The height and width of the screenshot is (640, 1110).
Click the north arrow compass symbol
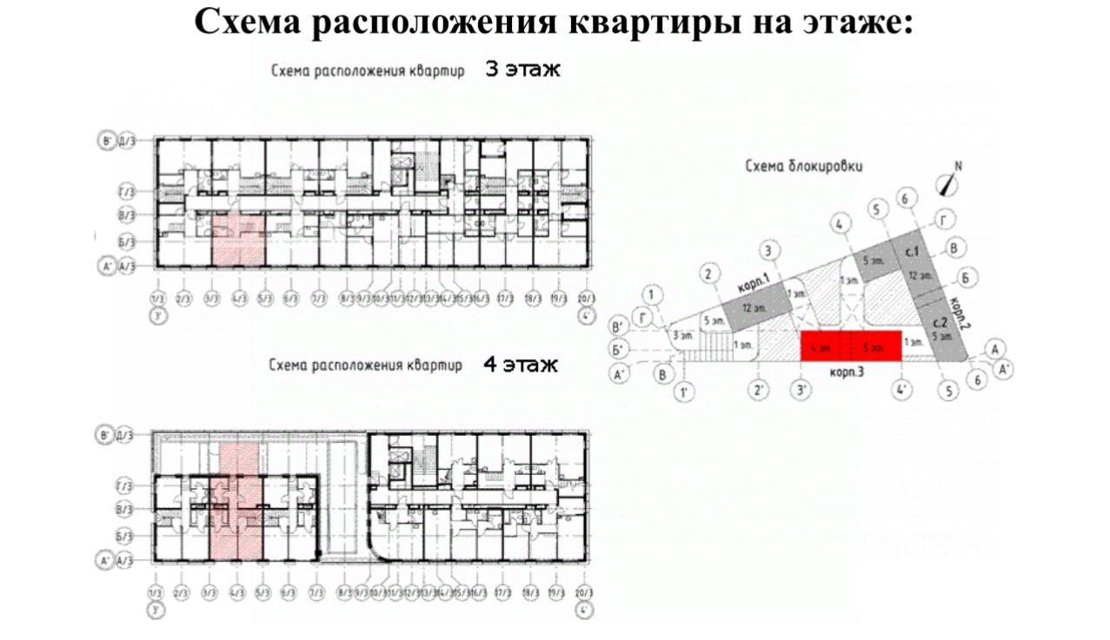pos(948,183)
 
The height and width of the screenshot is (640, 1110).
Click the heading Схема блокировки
pos(804,166)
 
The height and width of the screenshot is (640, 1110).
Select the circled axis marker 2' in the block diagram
pos(760,392)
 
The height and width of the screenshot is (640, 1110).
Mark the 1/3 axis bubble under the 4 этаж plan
pos(156,593)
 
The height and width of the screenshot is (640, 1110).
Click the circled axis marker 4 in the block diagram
pos(839,224)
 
